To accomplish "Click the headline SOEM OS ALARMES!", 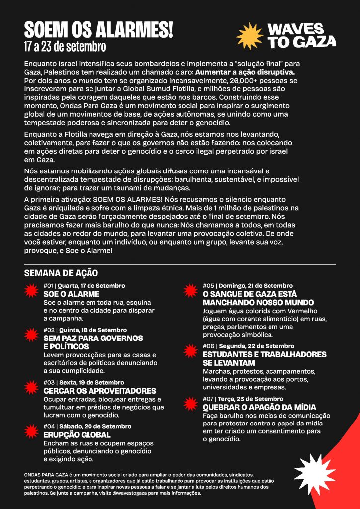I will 98,30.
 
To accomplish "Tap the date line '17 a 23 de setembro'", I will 65,47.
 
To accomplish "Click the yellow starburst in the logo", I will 249,36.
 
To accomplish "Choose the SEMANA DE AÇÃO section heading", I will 61,273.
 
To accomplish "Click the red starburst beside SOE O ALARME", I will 31,290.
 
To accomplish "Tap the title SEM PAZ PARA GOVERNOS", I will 93,338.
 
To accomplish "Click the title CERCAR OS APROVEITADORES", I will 99,391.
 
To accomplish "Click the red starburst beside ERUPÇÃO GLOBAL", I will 31,431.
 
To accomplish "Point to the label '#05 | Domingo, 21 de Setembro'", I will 248,286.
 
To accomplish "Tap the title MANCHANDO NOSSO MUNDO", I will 258,302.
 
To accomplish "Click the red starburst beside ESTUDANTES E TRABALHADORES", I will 190,351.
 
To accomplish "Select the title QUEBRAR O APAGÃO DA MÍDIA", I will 259,407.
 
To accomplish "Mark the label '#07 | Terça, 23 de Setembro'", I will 243,399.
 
